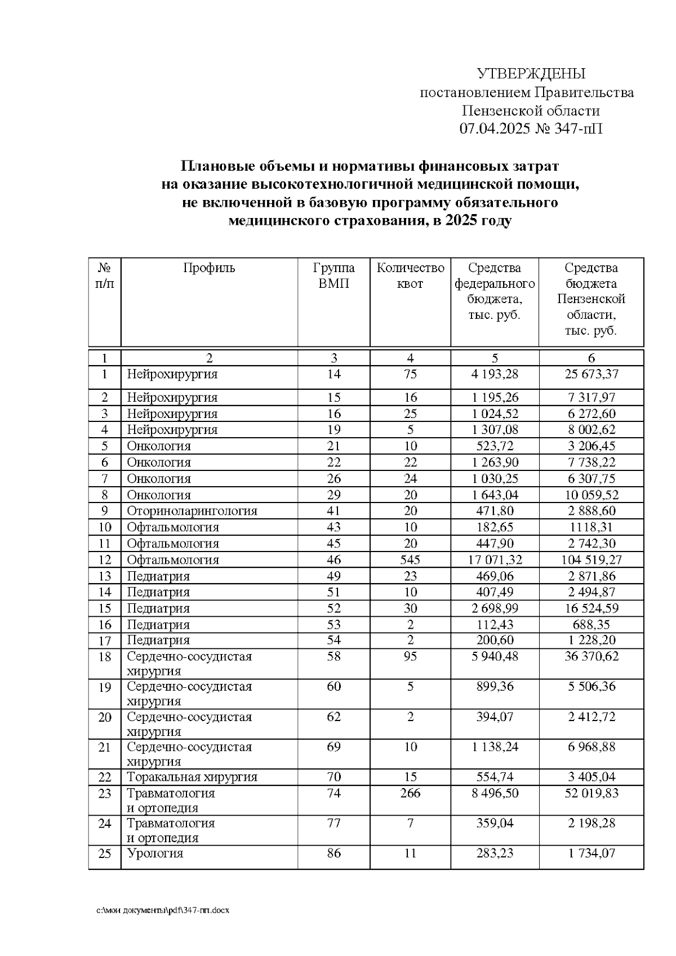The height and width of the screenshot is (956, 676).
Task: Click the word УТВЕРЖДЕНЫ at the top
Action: (x=531, y=74)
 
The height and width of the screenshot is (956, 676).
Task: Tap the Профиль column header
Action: (x=209, y=268)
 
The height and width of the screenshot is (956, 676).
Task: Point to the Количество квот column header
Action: (x=410, y=275)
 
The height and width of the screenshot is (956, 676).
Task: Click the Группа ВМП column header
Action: (x=333, y=275)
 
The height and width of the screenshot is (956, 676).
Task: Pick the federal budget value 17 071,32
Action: (x=495, y=560)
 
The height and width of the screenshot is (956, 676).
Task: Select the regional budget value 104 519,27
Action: (x=591, y=560)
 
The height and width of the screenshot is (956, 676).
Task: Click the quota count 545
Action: (x=410, y=560)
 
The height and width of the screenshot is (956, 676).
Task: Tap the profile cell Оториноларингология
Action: (x=192, y=511)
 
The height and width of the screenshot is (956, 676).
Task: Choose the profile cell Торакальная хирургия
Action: (x=192, y=777)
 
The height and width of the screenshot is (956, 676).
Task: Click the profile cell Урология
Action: (x=155, y=853)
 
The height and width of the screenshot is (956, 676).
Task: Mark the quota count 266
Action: (x=410, y=793)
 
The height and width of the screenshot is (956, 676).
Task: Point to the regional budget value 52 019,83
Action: (x=591, y=793)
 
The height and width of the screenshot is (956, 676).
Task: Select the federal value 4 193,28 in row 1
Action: (x=495, y=374)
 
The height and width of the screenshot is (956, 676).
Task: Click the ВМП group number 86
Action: (x=333, y=853)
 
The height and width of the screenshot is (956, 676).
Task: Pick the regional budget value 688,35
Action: (x=591, y=625)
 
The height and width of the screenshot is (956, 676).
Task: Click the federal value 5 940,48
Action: (x=495, y=657)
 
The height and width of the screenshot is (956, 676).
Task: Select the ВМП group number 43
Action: (x=333, y=527)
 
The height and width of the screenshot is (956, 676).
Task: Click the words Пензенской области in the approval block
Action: (x=531, y=111)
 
